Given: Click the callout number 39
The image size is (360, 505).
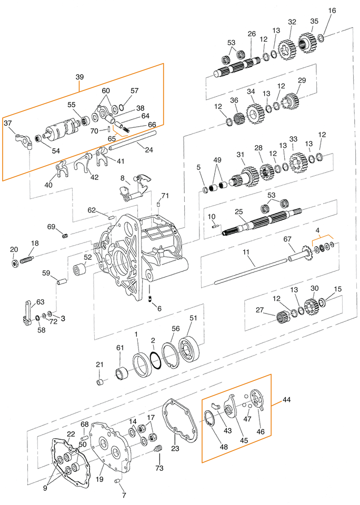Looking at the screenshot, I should point(80,77).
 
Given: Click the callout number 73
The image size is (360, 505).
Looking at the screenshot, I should point(159,468).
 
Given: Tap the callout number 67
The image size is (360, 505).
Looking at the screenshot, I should point(288,239).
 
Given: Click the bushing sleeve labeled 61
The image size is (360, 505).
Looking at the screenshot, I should point(123,375).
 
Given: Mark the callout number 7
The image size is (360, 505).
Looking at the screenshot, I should point(124,495).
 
